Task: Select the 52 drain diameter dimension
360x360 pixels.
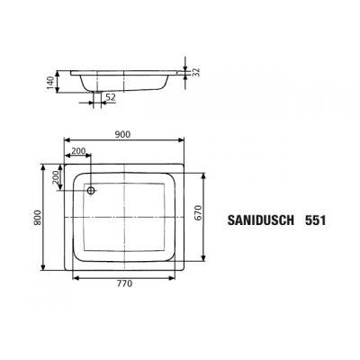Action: [x=110, y=98]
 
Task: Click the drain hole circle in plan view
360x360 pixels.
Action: [x=91, y=190]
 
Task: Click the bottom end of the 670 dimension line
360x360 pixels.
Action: [x=200, y=260]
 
